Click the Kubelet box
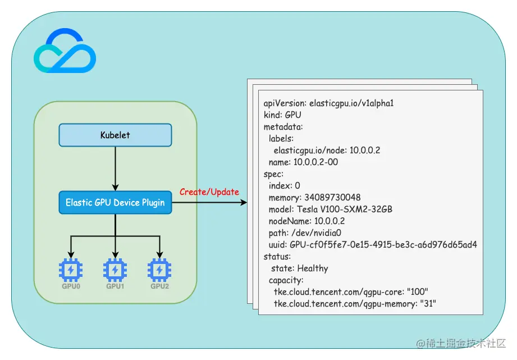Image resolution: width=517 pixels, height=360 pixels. pos(115,135)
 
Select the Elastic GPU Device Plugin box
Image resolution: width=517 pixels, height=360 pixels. pos(115,202)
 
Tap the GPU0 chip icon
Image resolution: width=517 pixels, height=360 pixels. pos(71,270)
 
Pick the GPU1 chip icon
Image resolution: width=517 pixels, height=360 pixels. pos(115,270)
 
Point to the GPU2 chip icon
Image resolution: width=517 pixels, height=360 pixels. pos(159,270)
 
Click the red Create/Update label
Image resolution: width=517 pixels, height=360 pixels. pos(209,192)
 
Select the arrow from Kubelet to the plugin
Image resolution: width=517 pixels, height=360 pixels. pos(115,168)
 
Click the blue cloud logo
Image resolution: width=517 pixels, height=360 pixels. pos(65,51)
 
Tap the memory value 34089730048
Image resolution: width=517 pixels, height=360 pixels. pos(332,197)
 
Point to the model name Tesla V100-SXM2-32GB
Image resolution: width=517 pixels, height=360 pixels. pos(345,209)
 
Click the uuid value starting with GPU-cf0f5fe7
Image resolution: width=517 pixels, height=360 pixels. pos(383,244)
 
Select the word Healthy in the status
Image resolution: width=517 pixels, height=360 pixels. pos(313,268)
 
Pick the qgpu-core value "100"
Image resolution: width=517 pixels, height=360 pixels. pos(418,291)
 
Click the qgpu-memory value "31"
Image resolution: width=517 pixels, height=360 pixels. pos(428,303)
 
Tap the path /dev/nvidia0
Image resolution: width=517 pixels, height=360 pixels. pos(316,233)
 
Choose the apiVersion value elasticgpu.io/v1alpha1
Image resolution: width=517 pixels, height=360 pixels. pos(351,103)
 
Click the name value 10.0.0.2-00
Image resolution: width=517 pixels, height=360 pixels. pos(315,162)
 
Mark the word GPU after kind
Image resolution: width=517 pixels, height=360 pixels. pos(293,115)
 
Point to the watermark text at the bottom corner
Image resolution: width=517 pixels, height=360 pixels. pos(461,344)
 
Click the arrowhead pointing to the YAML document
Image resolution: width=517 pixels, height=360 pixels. pos(244,202)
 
